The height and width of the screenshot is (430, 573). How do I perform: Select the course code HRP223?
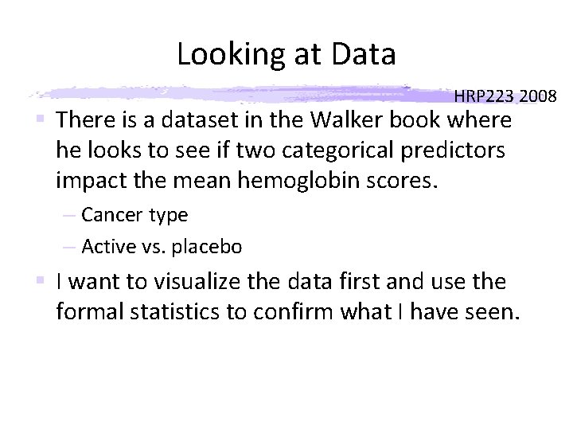pos(485,97)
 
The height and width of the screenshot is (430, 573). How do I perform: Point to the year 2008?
pos(538,97)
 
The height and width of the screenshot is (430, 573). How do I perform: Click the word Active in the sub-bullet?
pos(107,247)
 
